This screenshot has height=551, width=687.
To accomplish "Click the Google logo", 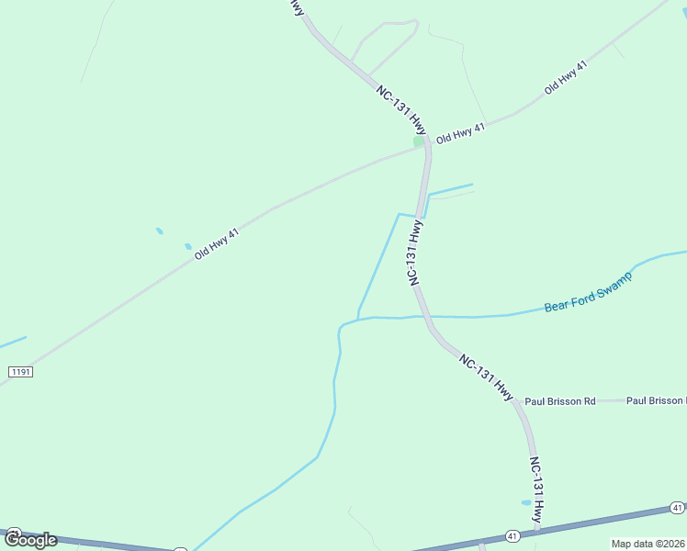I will tap(30, 539).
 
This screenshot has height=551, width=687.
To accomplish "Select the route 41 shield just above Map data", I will tap(677, 507).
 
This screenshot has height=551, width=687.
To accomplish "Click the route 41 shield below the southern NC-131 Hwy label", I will tap(512, 535).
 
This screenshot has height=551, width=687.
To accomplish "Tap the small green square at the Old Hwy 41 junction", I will tap(419, 141).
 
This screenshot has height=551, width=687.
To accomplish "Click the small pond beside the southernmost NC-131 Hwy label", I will tap(526, 502).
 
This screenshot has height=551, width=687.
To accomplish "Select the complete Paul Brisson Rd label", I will tap(560, 401).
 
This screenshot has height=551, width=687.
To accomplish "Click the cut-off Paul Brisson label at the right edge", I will tap(656, 401).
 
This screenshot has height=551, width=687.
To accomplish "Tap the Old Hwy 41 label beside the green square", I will tap(460, 133).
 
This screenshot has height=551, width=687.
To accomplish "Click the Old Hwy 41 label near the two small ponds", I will tap(217, 244).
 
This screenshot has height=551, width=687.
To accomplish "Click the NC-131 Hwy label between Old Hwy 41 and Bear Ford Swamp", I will tap(416, 253).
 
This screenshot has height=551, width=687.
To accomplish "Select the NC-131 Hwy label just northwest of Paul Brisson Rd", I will tap(485, 377).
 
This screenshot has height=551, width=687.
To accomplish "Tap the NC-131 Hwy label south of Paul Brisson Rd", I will tap(537, 490).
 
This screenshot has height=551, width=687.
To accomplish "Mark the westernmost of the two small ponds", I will tap(160, 231).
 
